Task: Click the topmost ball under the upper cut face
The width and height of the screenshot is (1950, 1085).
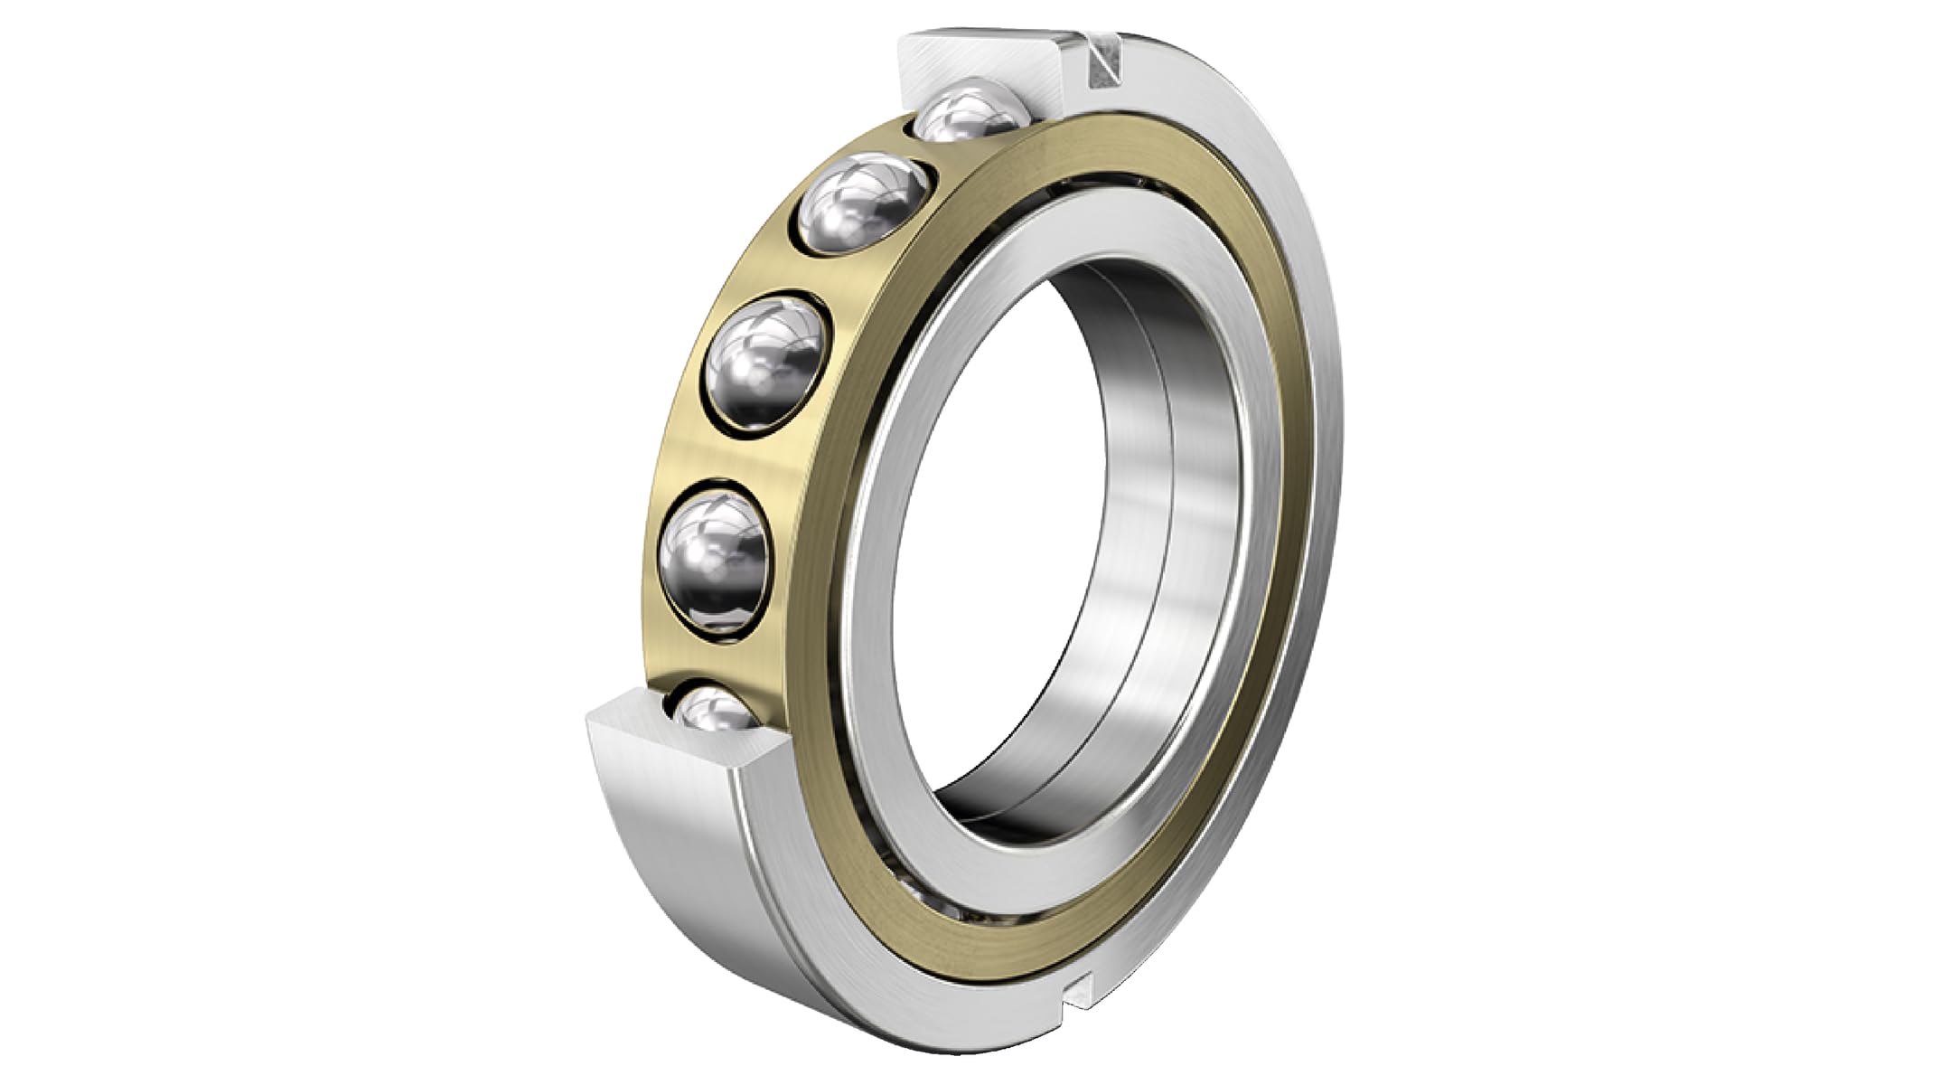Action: tap(971, 114)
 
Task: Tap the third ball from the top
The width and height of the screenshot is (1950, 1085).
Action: tap(766, 361)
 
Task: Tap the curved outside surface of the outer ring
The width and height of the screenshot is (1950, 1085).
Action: tap(669, 868)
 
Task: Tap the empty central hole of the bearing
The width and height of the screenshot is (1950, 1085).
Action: tap(994, 542)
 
